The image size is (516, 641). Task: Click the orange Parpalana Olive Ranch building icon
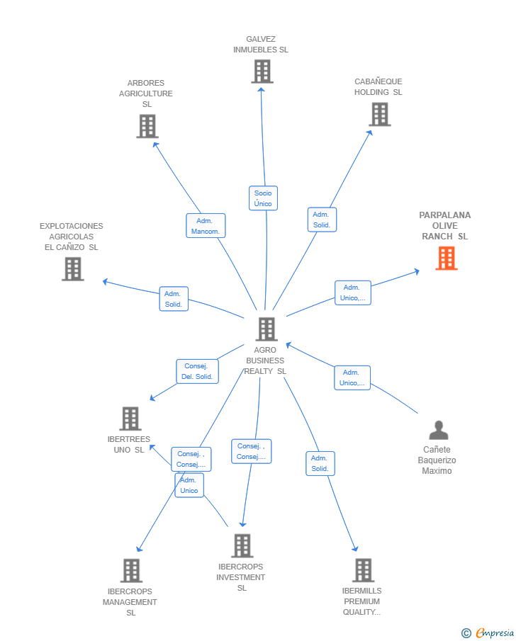(x=447, y=258)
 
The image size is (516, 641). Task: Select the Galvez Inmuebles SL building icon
(x=262, y=72)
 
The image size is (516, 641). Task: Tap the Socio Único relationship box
(x=263, y=198)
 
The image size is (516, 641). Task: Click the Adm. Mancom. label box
(x=206, y=226)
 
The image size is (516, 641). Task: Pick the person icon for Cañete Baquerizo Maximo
(x=439, y=430)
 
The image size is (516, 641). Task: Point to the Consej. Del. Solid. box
(x=197, y=371)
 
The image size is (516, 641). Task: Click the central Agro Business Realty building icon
(x=267, y=329)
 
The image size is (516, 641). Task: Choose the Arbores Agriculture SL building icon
(x=147, y=126)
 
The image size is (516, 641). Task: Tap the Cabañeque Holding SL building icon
(x=380, y=114)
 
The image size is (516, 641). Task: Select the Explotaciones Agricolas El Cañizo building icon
(x=73, y=269)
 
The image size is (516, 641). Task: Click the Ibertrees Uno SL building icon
(x=130, y=419)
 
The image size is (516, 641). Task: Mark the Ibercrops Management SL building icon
(x=131, y=571)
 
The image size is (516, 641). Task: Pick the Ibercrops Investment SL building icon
(x=242, y=546)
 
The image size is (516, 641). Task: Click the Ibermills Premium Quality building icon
(x=364, y=570)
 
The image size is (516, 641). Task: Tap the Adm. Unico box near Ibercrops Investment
(x=189, y=485)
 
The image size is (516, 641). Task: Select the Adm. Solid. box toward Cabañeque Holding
(x=322, y=220)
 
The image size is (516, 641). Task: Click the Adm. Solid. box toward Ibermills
(x=320, y=464)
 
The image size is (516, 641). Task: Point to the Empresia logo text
(x=495, y=633)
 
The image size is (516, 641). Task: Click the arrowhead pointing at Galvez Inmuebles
(x=261, y=89)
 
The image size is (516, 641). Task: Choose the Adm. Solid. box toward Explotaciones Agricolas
(x=174, y=299)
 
